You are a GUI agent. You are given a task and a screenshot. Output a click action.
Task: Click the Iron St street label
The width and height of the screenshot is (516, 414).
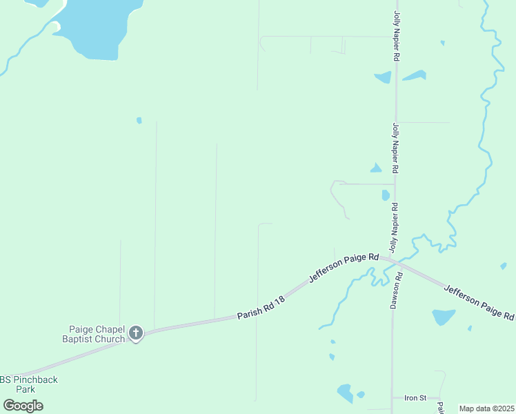click(416, 398)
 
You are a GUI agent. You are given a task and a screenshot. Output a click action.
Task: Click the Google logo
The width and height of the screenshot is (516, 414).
click(23, 406)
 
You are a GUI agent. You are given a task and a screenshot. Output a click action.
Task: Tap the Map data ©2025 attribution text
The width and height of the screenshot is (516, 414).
click(487, 408)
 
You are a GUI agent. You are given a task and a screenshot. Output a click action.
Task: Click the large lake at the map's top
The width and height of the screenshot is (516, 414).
click(103, 28)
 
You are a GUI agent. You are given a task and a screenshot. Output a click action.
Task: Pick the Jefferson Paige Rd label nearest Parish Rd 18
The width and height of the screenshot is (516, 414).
click(344, 267)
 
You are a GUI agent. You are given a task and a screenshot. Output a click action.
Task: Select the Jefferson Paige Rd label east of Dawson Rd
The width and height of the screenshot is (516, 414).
click(478, 302)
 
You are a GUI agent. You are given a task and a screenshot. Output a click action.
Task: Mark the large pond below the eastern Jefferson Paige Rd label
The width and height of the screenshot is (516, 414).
click(443, 317)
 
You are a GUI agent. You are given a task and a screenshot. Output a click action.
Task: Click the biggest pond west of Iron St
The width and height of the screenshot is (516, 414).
click(345, 393)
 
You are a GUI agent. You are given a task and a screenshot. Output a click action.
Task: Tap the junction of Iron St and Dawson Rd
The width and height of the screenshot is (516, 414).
click(393, 398)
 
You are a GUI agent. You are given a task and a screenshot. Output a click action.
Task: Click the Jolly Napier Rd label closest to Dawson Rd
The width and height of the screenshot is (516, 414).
click(395, 228)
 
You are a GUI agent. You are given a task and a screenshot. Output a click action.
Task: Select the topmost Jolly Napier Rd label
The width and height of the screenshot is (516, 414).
click(397, 37)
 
